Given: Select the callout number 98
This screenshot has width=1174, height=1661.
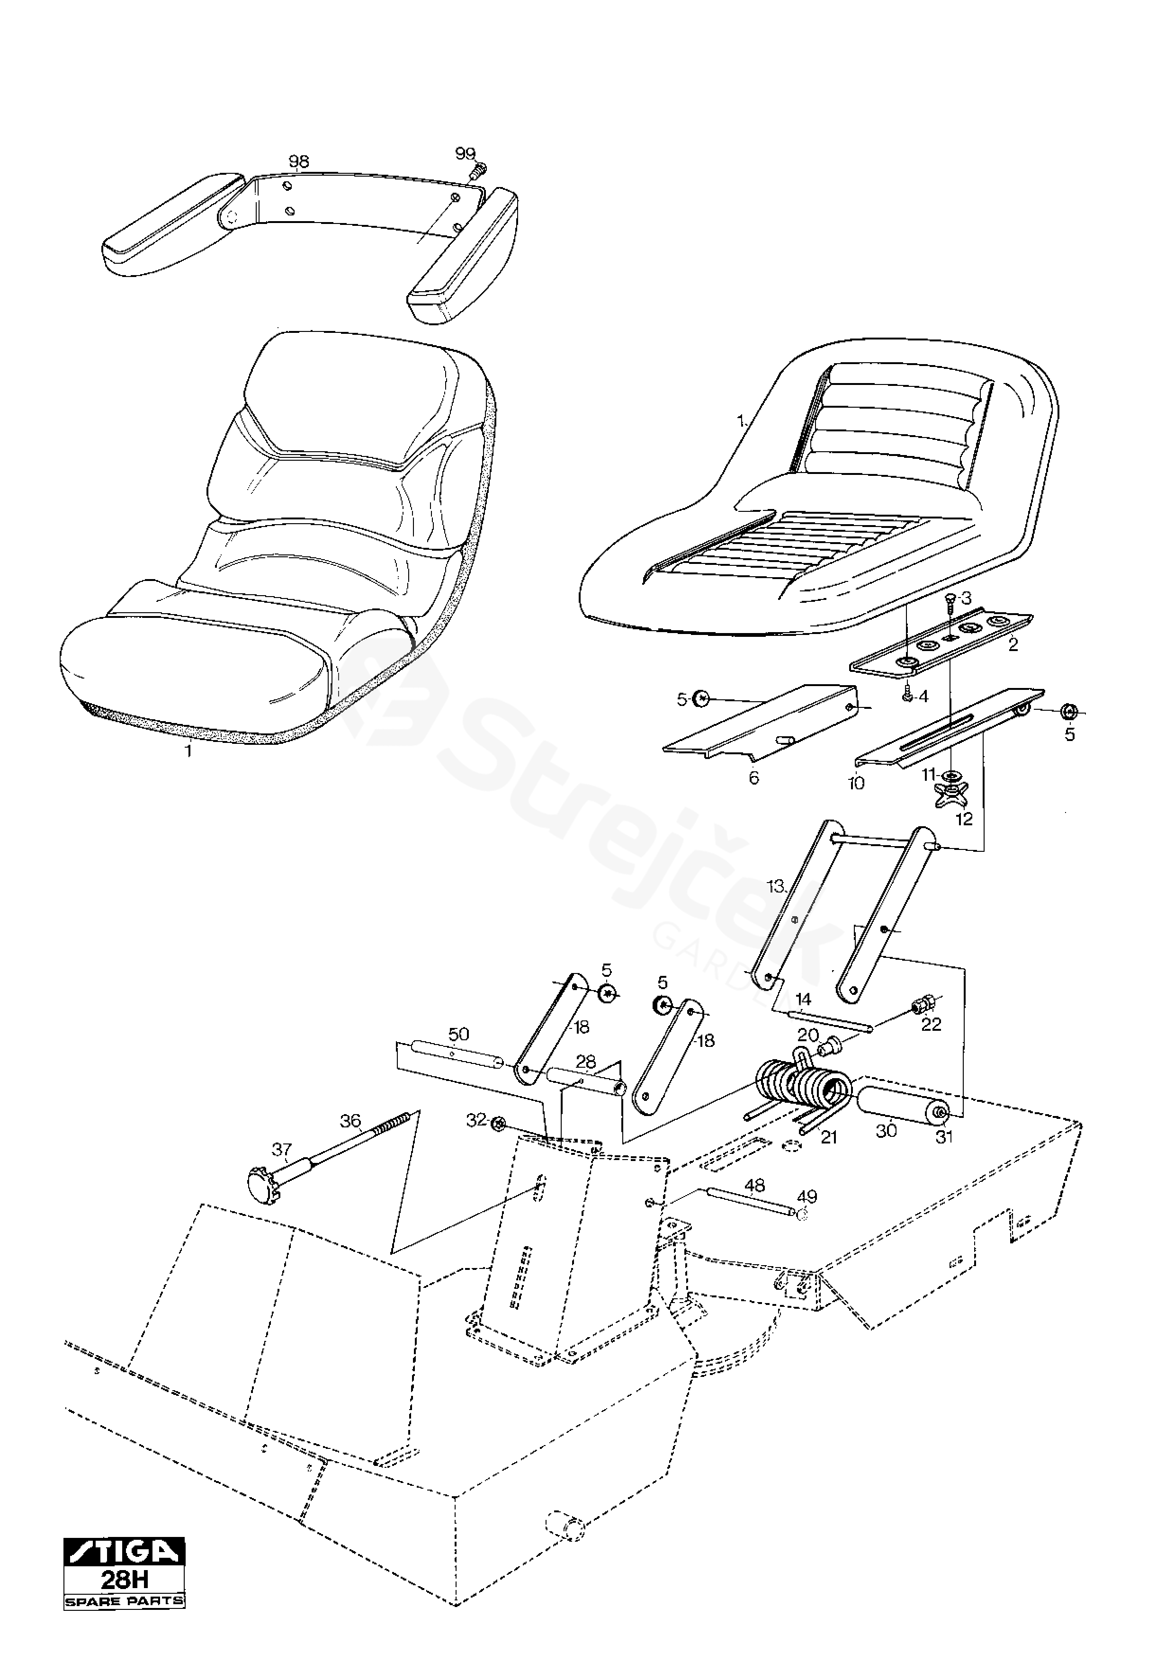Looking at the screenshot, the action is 299,162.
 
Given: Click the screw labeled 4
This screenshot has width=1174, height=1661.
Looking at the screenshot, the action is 906,696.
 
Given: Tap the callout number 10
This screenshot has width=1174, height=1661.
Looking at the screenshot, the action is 856,783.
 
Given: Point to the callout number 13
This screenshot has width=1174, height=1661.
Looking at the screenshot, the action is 775,886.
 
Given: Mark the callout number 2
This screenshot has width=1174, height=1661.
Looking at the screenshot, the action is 1013,644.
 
